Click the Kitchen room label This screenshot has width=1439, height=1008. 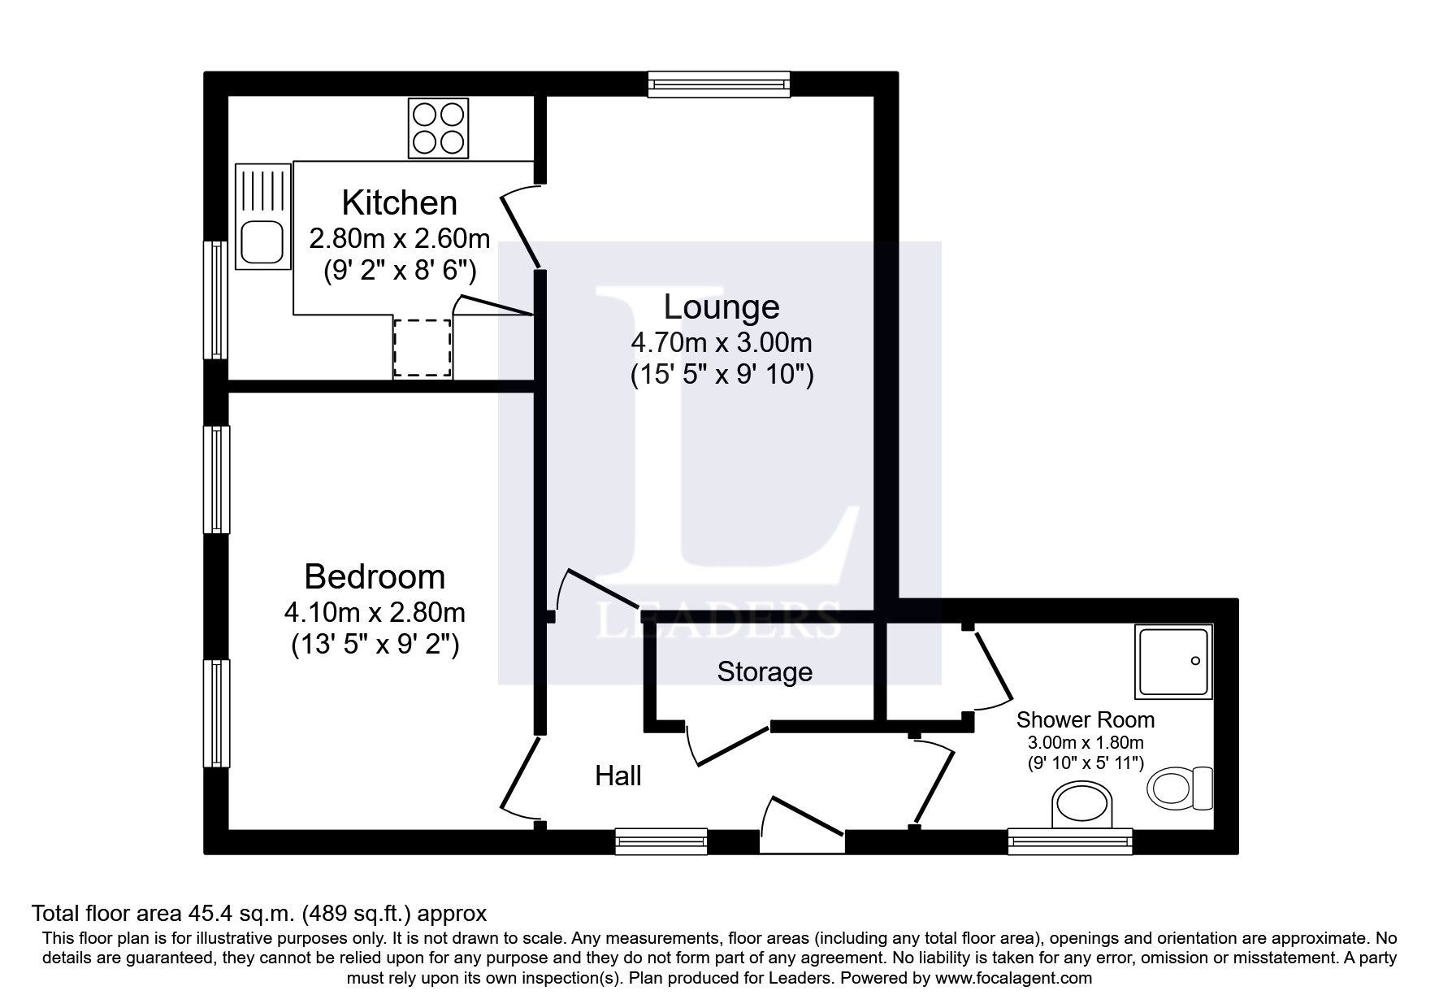point(399,202)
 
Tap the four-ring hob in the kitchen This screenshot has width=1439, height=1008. point(439,128)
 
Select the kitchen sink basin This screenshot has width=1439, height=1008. point(262,241)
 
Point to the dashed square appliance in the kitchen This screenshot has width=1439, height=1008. point(423,347)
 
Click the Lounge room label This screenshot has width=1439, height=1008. point(722,307)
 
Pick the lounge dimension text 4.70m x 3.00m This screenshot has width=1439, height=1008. point(722,342)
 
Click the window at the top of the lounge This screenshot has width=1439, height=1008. point(718,83)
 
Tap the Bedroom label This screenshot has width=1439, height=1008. point(375,577)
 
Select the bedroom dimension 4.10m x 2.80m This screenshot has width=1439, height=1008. point(375,611)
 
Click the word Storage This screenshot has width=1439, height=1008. point(765,672)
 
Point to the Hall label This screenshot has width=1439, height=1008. point(618,776)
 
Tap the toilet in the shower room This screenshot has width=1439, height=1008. point(1178,788)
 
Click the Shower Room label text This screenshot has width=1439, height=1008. point(1086,720)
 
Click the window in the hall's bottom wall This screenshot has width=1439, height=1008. point(661,841)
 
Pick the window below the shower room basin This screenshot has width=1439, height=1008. point(1070,841)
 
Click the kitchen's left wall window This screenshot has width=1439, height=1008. point(215,300)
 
